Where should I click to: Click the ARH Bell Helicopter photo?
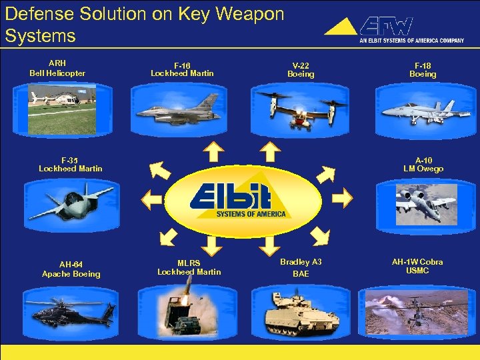coord(57,107)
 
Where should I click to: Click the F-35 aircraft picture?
coord(71,202)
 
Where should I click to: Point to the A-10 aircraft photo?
coord(426,204)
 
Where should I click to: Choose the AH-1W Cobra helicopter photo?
coord(417,311)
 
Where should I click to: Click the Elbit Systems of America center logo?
coord(243,200)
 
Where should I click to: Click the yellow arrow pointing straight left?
coord(151,197)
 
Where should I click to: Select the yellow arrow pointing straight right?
coord(343,197)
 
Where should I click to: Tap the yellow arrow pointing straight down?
coord(269,246)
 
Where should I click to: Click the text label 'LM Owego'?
coord(423,169)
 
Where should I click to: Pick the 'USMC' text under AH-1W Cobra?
coord(417,271)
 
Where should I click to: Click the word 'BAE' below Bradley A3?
coord(300,274)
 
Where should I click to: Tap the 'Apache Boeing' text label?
coord(71,274)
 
